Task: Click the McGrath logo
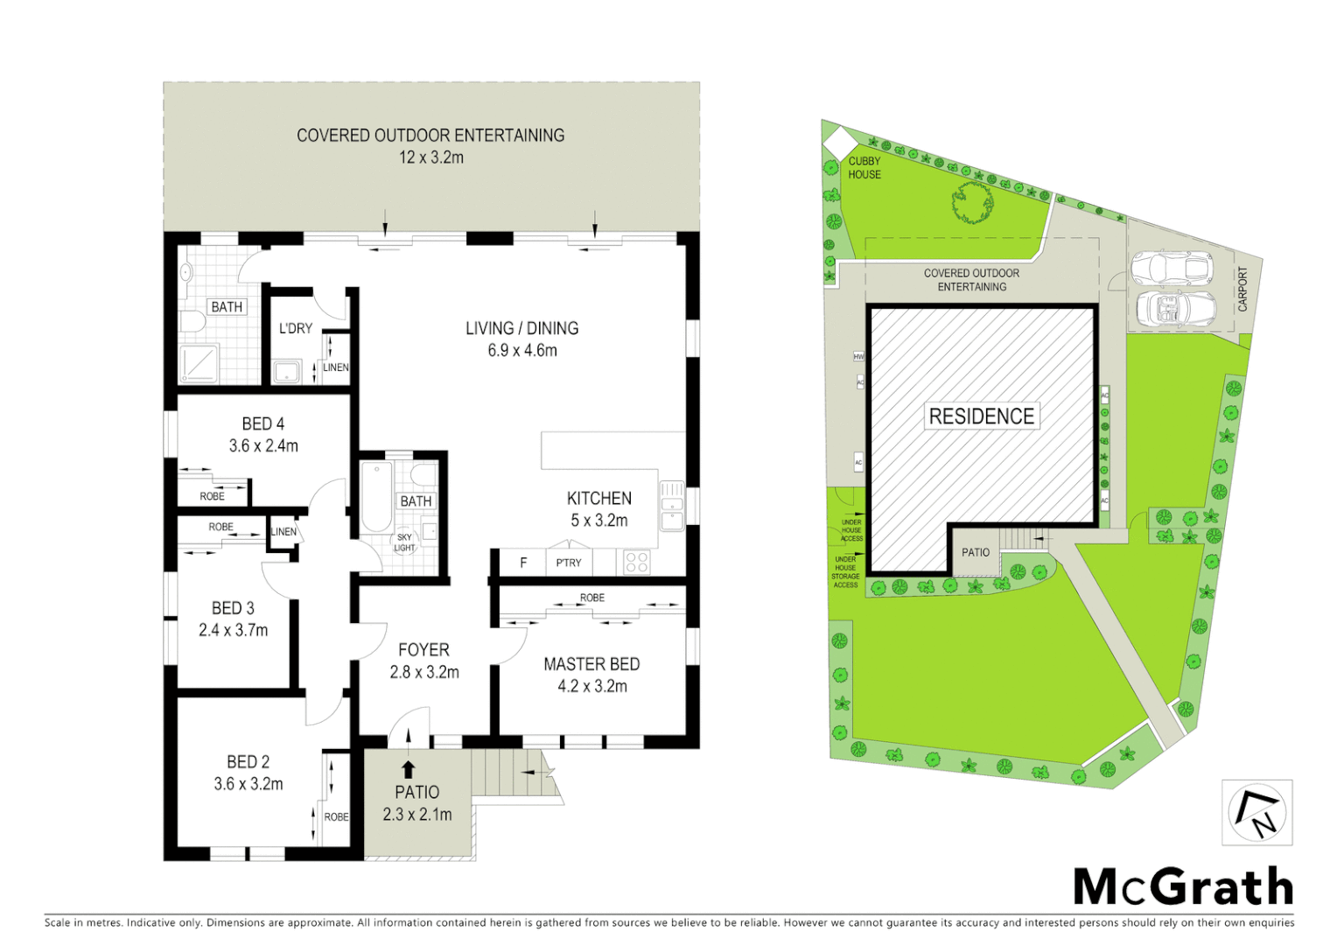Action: point(1183,887)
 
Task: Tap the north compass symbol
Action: point(1257,813)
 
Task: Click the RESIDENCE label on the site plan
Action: point(981,416)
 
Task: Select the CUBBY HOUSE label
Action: point(864,167)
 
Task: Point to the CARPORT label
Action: point(1242,289)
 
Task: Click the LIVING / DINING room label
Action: point(521,339)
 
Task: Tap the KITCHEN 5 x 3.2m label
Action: point(599,508)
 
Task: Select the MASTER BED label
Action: point(591,675)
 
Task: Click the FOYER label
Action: point(423,661)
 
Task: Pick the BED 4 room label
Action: point(263,434)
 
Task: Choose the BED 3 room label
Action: point(233,619)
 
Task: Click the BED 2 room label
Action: point(248,773)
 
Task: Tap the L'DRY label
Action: point(296,328)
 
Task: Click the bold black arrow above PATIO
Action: point(408,769)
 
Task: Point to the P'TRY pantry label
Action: point(569,563)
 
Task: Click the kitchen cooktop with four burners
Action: point(637,562)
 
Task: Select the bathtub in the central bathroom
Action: point(376,496)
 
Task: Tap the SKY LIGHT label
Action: point(404,542)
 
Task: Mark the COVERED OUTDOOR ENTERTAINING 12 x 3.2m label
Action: point(430,146)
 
